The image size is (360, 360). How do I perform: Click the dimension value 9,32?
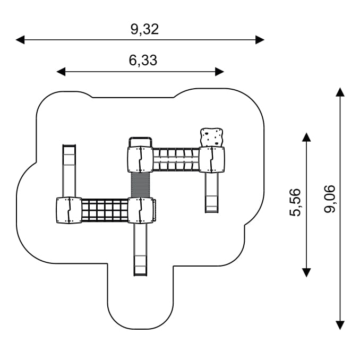[x=144, y=29]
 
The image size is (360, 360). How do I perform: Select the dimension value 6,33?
[x=143, y=61]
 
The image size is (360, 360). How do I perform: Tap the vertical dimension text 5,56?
[x=295, y=202]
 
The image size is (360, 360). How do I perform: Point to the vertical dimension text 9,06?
[x=330, y=199]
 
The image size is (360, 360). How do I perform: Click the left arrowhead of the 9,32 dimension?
[x=20, y=40]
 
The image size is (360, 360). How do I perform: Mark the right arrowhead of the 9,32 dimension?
[x=260, y=40]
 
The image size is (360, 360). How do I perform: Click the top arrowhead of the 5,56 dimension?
[x=306, y=137]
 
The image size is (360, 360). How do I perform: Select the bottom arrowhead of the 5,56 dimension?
[x=306, y=272]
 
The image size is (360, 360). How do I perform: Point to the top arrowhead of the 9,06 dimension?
[x=340, y=92]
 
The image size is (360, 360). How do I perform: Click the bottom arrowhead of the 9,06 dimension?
[x=340, y=325]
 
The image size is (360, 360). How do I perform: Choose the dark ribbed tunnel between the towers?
[x=141, y=184]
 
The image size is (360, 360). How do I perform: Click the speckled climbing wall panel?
[x=212, y=137]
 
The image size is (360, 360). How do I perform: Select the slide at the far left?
[x=70, y=170]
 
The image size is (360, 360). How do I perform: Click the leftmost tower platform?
[x=70, y=210]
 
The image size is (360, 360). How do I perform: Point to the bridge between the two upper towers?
[x=176, y=159]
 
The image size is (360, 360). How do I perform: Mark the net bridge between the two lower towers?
[x=105, y=210]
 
